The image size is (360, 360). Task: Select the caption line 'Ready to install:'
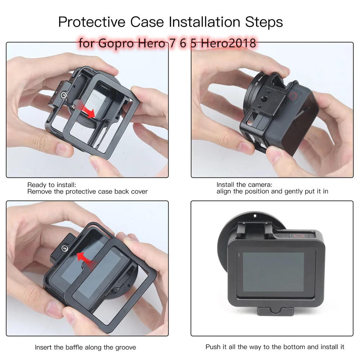[x=51, y=185]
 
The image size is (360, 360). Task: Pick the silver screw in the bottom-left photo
[x=64, y=248]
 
